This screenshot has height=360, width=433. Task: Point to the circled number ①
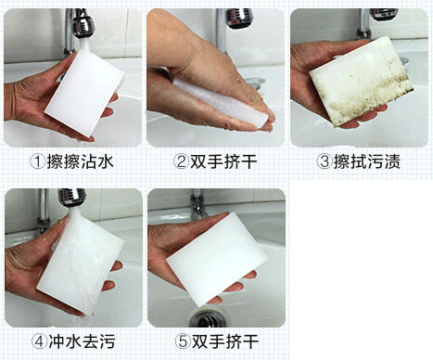[x=38, y=161]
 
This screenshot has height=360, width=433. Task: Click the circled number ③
[x=325, y=161]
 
